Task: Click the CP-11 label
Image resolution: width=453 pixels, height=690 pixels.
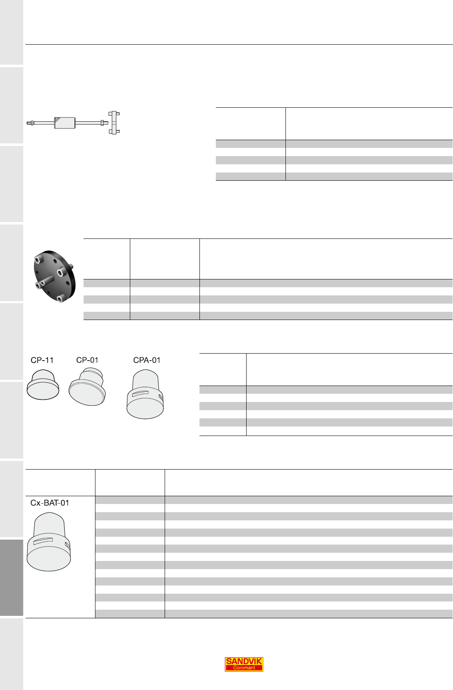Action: point(42,360)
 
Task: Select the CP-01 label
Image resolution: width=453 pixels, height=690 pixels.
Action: point(87,360)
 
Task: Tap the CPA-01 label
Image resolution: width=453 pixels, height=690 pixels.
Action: point(147,360)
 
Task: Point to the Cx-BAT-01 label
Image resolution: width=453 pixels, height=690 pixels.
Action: point(50,503)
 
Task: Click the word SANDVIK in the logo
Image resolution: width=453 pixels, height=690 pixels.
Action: point(244,661)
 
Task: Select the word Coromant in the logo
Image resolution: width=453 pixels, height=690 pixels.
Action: point(244,667)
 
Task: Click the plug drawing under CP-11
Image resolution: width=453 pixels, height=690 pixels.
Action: point(43,384)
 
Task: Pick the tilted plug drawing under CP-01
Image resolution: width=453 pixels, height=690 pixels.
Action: point(87,387)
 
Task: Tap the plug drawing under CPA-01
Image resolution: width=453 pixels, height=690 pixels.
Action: point(145,394)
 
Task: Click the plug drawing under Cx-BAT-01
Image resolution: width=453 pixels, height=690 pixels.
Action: point(49,542)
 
